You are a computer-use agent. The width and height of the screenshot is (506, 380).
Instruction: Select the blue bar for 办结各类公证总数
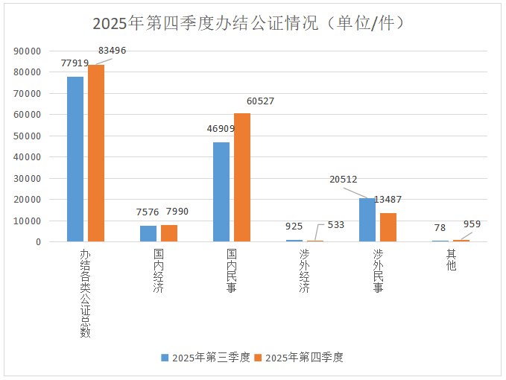click(75, 159)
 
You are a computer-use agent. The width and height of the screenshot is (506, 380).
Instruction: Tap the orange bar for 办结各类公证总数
click(96, 153)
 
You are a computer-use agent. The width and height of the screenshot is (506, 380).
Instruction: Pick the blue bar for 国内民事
click(221, 191)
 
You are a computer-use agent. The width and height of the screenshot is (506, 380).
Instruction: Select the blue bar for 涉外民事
click(367, 220)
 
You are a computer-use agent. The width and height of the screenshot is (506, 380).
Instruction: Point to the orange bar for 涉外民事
click(388, 227)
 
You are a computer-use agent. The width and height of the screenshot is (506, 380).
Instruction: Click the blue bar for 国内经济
click(148, 233)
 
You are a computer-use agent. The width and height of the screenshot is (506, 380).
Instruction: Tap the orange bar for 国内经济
click(169, 233)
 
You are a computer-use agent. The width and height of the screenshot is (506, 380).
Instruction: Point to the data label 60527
click(260, 101)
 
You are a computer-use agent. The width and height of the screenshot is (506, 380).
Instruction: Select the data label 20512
click(344, 179)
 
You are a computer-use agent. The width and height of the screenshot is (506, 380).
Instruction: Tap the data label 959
click(472, 224)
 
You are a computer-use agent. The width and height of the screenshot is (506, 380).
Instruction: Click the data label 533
click(335, 224)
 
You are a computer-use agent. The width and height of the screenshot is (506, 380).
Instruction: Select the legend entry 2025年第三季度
click(206, 358)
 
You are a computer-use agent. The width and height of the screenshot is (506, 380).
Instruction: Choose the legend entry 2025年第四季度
click(298, 358)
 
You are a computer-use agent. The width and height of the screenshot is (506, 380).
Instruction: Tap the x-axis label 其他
click(450, 261)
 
